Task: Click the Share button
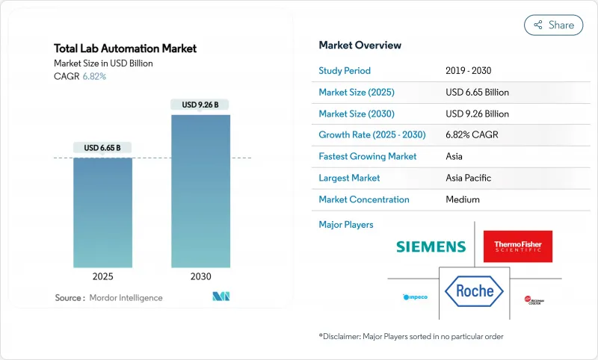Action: [553, 25]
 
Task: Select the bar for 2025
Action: [103, 213]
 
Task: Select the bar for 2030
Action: [200, 191]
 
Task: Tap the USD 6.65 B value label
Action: [103, 148]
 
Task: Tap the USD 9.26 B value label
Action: [200, 105]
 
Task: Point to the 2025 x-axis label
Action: [103, 276]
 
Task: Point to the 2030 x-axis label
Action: [200, 276]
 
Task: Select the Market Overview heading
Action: [360, 45]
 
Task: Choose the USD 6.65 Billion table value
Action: [477, 93]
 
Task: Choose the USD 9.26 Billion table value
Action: [477, 114]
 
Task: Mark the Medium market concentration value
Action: [463, 199]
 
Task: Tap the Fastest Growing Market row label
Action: [368, 157]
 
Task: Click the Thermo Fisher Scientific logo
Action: [518, 246]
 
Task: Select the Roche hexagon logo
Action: [473, 291]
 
